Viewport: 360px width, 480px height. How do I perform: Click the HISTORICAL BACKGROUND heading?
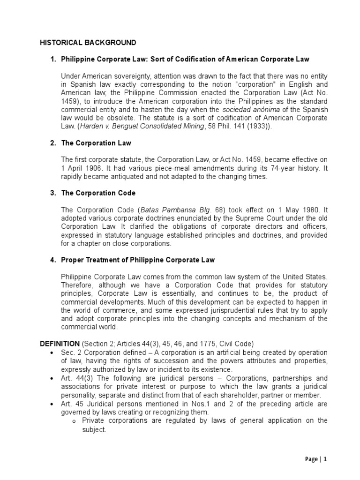[87, 43]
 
